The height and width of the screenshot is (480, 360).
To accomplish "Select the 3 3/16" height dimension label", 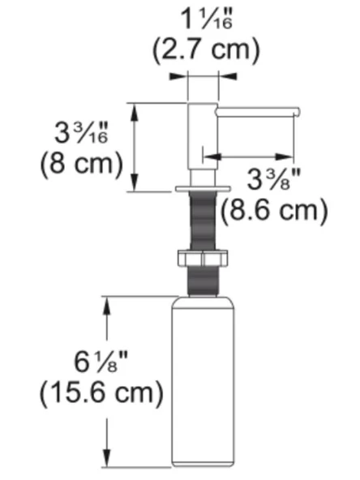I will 84,131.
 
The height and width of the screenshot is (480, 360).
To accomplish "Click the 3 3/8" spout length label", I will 274,178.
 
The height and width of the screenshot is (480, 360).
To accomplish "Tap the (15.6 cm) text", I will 101,395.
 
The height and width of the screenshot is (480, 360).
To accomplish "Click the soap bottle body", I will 203,381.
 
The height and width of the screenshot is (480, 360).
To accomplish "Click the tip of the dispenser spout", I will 298,110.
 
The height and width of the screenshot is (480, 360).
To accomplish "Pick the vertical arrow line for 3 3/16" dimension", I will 135,146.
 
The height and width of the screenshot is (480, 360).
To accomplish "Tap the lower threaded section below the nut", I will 203,282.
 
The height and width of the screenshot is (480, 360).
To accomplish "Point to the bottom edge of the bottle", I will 203,466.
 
